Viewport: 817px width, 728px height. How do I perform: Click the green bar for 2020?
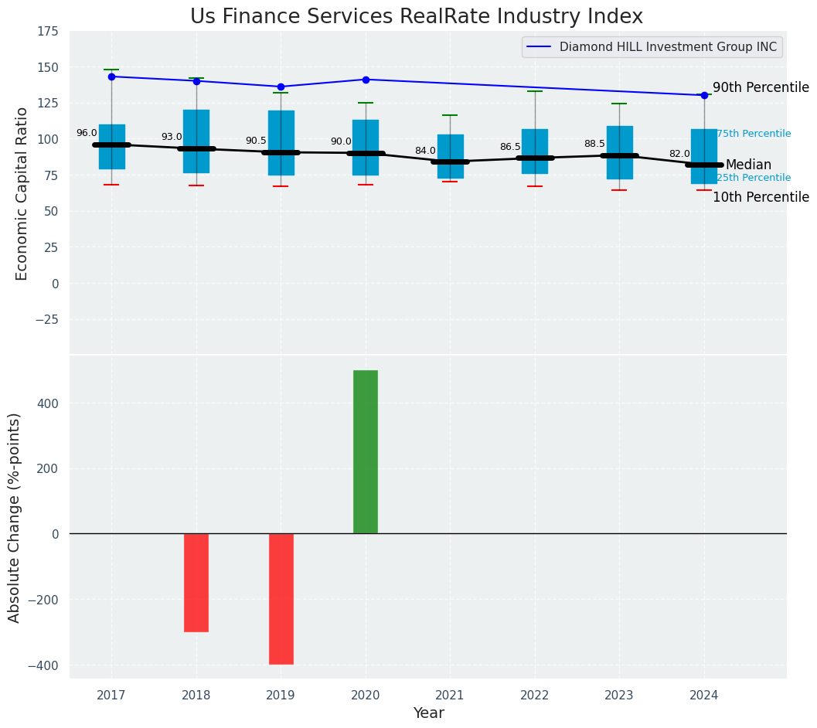point(366,451)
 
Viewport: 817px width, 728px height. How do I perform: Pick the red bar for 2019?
point(281,598)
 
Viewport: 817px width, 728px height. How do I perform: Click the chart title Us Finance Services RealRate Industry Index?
point(416,16)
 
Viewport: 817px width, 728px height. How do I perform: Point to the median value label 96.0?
point(87,133)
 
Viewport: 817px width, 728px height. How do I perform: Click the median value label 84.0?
point(425,151)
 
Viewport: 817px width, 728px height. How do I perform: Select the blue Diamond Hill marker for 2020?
point(366,80)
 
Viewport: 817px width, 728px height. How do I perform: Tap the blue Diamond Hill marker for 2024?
point(704,95)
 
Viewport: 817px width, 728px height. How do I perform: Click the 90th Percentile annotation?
point(761,87)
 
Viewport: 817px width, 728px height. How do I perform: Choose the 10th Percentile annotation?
point(761,197)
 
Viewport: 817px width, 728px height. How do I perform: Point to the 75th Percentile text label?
point(754,134)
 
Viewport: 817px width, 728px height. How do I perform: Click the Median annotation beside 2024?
point(748,165)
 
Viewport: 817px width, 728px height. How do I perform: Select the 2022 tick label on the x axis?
point(535,696)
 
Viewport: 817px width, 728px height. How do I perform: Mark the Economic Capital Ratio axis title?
point(22,193)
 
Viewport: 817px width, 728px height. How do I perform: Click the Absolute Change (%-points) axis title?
point(14,517)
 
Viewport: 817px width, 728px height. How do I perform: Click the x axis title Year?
point(428,713)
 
